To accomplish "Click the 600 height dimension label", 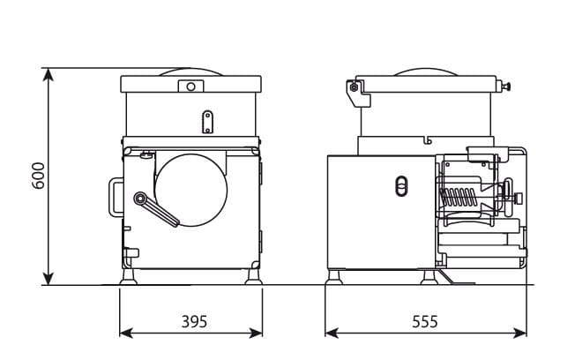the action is (x=38, y=176).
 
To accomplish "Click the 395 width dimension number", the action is (x=194, y=322).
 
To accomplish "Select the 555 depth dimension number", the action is (x=425, y=322).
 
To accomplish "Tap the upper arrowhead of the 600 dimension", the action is (x=48, y=74).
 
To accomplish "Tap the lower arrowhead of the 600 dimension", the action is (x=48, y=278).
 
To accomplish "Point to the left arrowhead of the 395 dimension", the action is (x=126, y=334).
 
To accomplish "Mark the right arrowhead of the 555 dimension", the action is (x=520, y=334).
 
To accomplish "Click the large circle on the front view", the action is (x=191, y=190).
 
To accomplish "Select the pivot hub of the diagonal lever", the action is (x=139, y=199).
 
